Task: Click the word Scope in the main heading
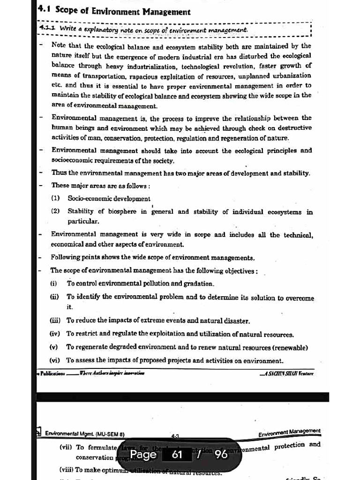click(x=67, y=12)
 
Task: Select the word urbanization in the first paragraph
click(x=291, y=76)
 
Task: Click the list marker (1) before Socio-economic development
click(x=55, y=199)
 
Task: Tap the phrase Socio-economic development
click(x=109, y=199)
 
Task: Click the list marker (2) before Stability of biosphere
click(x=55, y=211)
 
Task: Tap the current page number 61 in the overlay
click(x=177, y=455)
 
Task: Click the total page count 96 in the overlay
click(x=221, y=455)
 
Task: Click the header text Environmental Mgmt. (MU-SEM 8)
click(x=84, y=434)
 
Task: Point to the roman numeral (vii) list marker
click(x=65, y=448)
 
